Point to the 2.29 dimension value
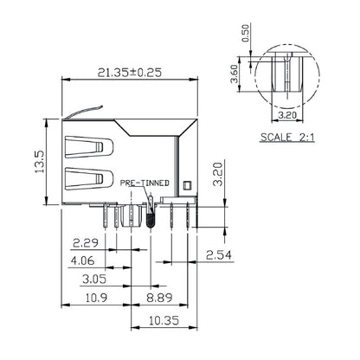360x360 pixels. pos(84,242)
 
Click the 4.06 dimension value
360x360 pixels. pos(84,260)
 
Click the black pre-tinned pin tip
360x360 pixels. pos(150,216)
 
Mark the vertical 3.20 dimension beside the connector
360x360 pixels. pos(219,177)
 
